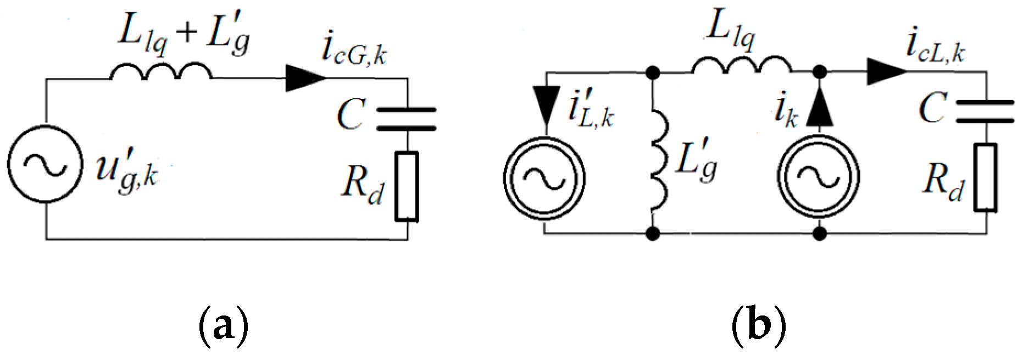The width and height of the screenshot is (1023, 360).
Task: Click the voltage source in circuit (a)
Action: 46,164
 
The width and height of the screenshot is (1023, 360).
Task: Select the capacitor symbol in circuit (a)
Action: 407,119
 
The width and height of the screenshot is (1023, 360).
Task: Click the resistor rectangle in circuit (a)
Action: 407,186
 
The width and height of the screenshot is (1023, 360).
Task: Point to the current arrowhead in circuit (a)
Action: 304,78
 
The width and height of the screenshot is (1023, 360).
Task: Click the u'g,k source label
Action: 127,172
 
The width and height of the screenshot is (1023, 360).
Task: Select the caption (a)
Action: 223,326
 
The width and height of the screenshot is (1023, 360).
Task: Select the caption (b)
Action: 759,326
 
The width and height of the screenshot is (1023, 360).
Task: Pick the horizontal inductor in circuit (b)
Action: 741,65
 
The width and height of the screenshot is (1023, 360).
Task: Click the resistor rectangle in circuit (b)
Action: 986,178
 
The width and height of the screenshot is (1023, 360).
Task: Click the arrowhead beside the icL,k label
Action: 886,71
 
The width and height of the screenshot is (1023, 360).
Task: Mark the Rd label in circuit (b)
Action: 943,181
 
